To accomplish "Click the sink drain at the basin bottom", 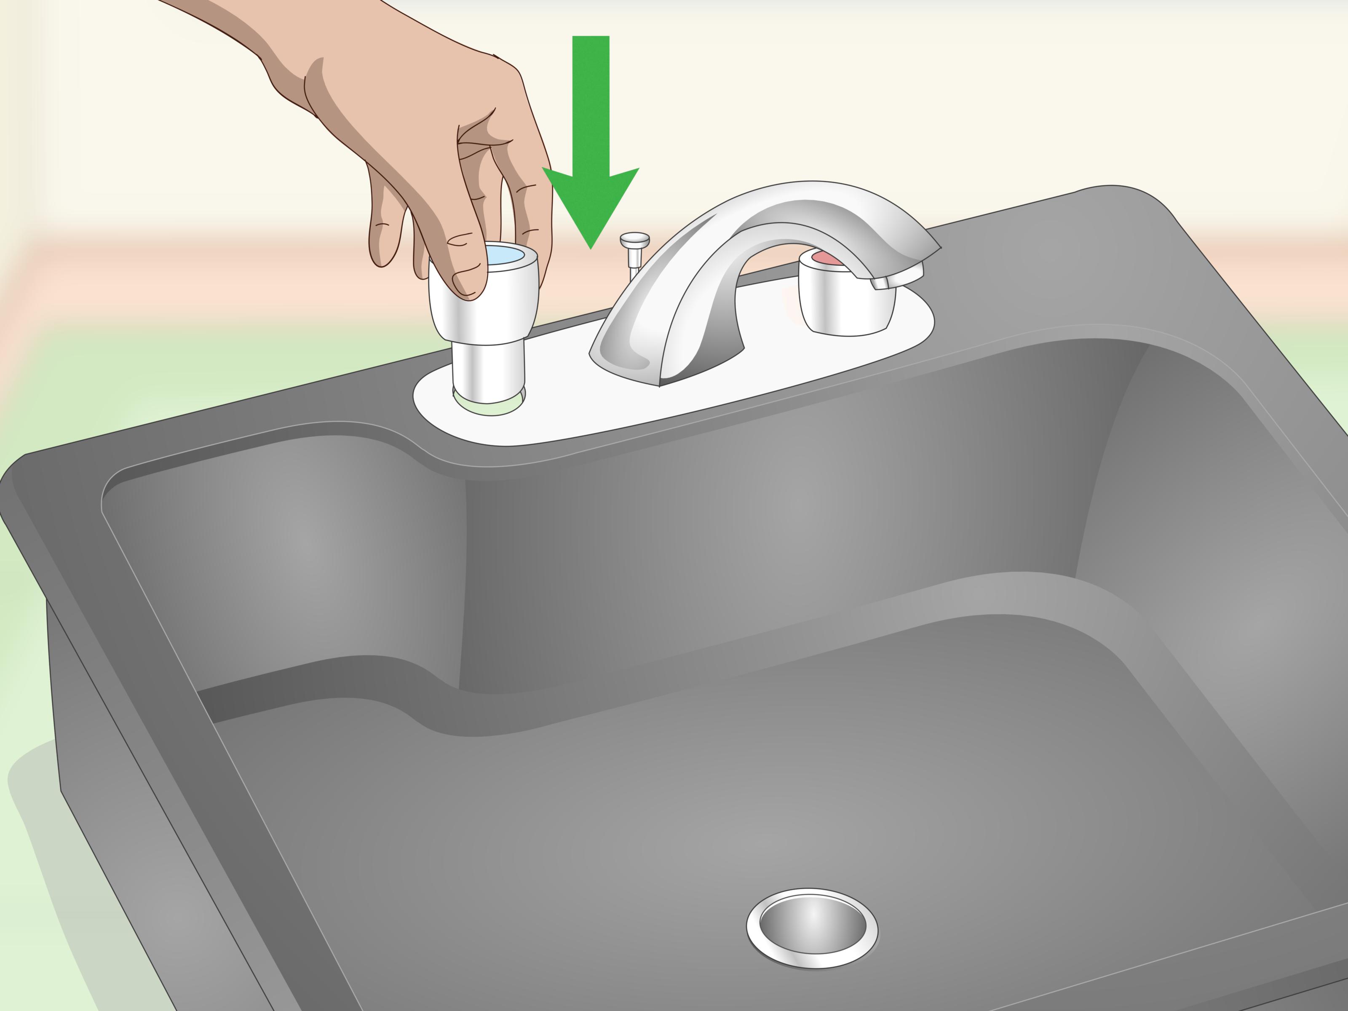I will (812, 928).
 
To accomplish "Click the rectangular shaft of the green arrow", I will (591, 104).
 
